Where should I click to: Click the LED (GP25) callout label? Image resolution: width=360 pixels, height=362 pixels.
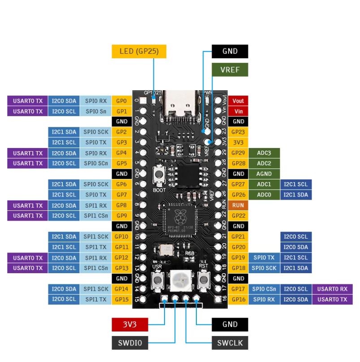click(139, 51)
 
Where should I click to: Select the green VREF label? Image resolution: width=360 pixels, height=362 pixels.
click(230, 70)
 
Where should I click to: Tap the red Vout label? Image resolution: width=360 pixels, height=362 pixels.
click(238, 101)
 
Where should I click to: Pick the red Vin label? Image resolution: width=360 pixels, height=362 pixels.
click(238, 111)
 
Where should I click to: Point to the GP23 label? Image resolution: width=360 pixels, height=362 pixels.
click(238, 132)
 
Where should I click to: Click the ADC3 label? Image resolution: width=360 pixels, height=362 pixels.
click(264, 153)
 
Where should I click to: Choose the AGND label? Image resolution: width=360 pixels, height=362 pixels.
click(264, 174)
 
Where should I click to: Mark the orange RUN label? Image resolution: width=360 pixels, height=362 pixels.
click(238, 205)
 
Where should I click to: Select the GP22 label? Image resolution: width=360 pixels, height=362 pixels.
click(238, 215)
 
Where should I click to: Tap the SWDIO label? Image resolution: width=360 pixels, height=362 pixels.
click(130, 343)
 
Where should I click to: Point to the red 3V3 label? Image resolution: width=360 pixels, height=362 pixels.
click(130, 324)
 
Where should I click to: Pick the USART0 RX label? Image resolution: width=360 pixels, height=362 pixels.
click(332, 289)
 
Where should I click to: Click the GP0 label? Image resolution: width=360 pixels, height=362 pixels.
click(121, 101)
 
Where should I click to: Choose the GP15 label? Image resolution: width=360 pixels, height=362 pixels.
click(121, 299)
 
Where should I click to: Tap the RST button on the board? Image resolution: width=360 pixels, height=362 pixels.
click(203, 280)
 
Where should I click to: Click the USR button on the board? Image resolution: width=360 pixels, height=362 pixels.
click(157, 281)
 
